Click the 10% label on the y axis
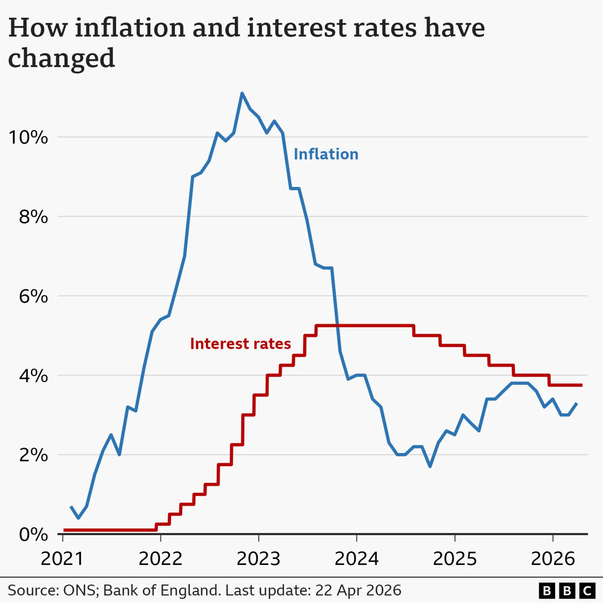(x=28, y=137)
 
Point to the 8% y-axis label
(x=33, y=217)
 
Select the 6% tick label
(x=33, y=296)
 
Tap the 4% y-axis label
(x=33, y=376)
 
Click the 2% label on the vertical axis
(x=33, y=455)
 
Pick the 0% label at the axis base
(x=33, y=535)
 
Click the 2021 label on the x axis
(x=62, y=559)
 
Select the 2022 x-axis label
(x=161, y=559)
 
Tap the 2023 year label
(x=258, y=559)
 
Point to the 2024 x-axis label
(x=356, y=559)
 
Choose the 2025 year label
(x=455, y=559)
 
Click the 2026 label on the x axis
(x=553, y=559)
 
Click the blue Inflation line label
(x=326, y=154)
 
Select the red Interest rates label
(x=240, y=344)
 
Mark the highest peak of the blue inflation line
(x=242, y=93)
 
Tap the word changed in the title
(x=61, y=58)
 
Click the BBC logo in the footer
(x=567, y=591)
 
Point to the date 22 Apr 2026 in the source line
(x=358, y=590)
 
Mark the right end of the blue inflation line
(x=576, y=403)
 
